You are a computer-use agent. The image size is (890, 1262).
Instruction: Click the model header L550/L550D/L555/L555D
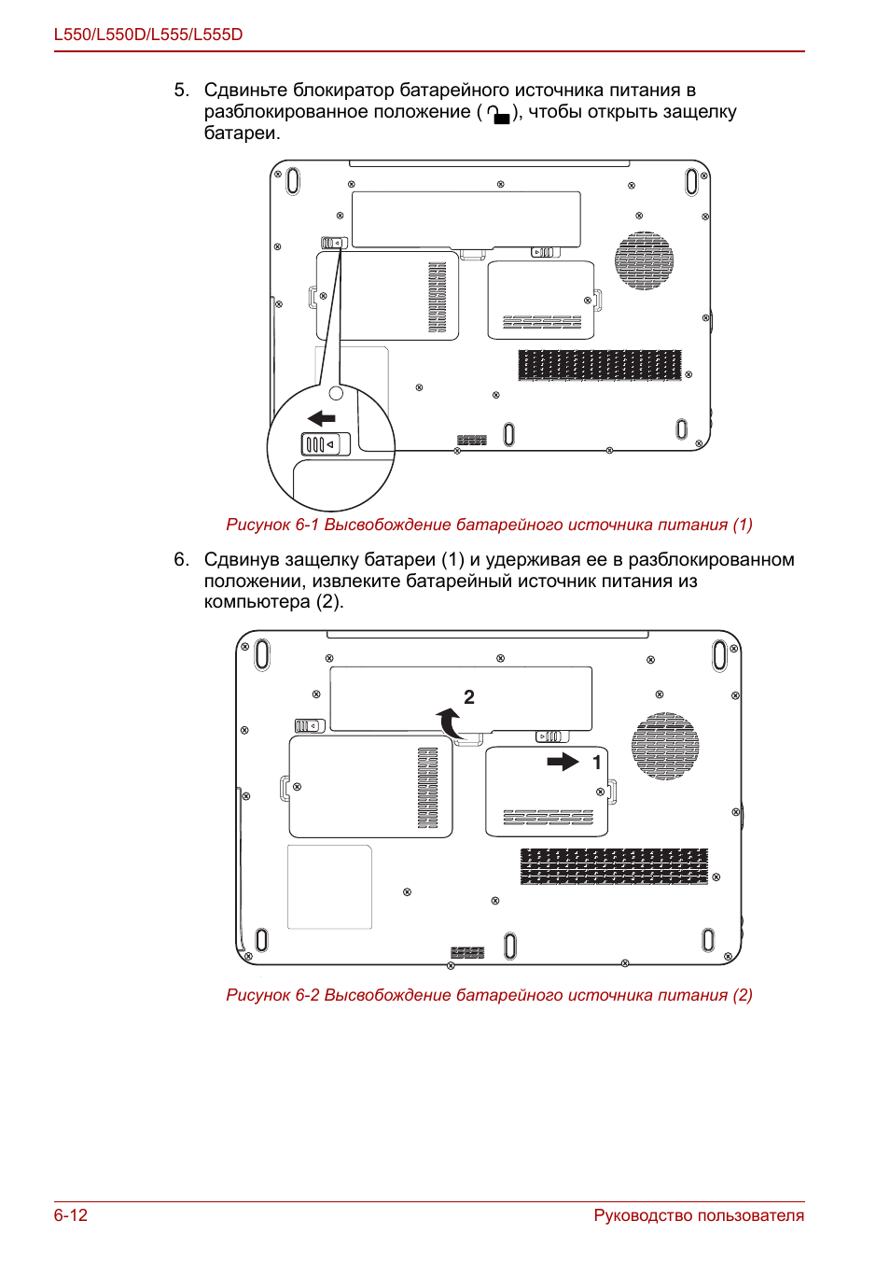(148, 35)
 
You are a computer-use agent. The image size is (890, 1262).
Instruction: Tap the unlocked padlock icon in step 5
(499, 114)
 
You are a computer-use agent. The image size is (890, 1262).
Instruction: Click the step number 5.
(181, 91)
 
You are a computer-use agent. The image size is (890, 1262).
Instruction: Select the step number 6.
(181, 559)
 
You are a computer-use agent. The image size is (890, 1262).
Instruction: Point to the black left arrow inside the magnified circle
(322, 418)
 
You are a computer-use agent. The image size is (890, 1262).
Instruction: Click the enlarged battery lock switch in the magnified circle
(326, 444)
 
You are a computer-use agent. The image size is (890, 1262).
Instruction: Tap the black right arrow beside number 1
(563, 762)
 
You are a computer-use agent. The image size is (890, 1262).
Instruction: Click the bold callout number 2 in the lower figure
(469, 697)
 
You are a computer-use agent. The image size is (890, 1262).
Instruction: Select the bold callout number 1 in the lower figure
(597, 763)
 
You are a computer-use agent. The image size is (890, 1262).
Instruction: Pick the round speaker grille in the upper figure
(644, 260)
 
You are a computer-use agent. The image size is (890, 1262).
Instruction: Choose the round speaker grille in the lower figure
(665, 746)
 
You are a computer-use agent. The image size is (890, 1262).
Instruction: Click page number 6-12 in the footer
(71, 1215)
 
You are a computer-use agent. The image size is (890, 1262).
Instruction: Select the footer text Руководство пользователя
(699, 1215)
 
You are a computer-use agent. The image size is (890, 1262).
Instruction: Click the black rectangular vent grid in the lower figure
(614, 866)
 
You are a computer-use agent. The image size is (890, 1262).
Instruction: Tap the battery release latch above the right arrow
(552, 736)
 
